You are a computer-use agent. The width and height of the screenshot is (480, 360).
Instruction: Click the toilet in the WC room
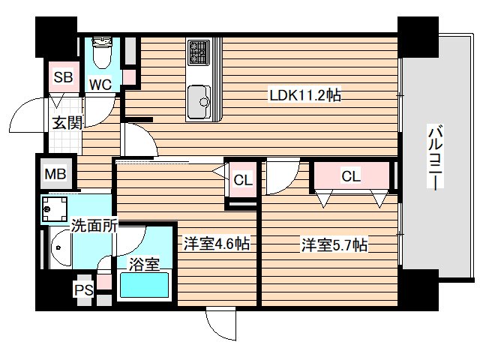[102, 52]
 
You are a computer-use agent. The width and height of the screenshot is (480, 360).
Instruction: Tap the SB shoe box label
[63, 76]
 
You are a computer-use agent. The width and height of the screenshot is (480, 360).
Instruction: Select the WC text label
[100, 84]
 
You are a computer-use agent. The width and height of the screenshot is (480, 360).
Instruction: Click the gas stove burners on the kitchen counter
[199, 52]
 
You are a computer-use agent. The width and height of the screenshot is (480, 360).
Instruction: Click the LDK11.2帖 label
[305, 95]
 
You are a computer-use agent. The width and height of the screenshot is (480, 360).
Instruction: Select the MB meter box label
[55, 174]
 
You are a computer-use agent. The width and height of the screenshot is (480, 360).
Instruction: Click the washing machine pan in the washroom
[55, 209]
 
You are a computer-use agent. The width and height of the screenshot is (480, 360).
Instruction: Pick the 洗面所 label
[94, 226]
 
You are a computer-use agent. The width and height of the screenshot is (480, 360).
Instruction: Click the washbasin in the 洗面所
[61, 247]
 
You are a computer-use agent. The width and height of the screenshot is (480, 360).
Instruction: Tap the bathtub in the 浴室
[144, 285]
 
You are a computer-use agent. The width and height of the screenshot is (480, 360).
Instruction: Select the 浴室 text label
[144, 264]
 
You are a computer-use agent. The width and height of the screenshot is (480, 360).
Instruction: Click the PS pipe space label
[84, 289]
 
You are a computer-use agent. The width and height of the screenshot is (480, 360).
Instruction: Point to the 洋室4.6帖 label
[216, 244]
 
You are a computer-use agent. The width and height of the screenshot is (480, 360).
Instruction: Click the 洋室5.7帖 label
[334, 245]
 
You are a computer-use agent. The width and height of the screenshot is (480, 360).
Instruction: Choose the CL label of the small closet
[243, 180]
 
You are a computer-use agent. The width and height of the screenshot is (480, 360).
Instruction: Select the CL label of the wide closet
[351, 176]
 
